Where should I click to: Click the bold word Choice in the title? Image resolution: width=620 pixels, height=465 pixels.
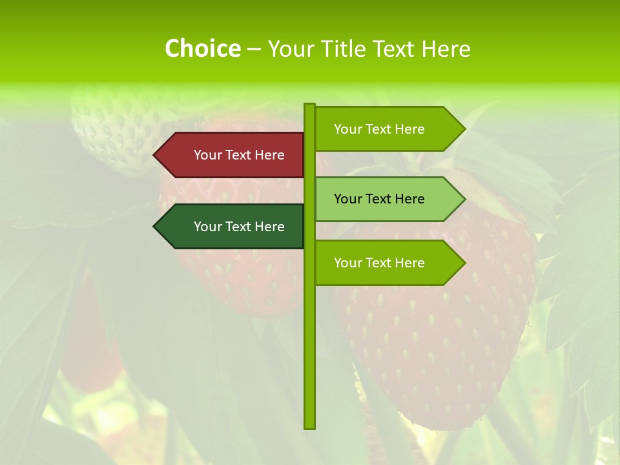click(x=202, y=48)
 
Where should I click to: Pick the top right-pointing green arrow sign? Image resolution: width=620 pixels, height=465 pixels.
click(x=387, y=129)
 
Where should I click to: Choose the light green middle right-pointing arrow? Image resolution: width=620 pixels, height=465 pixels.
click(x=387, y=199)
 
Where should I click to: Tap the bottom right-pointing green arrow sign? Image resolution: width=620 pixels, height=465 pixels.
click(x=387, y=263)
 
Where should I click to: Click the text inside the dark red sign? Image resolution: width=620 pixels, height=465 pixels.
click(x=239, y=155)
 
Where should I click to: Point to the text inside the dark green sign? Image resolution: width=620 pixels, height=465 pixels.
click(x=239, y=227)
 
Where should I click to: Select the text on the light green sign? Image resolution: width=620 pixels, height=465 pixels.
click(x=379, y=199)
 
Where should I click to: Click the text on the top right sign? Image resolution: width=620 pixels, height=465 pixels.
click(x=379, y=129)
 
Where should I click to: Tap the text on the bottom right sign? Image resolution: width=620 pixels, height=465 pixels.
click(x=379, y=263)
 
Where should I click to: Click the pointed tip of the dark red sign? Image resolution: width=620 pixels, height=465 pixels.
click(x=156, y=155)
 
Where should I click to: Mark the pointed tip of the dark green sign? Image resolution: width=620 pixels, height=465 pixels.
click(x=156, y=227)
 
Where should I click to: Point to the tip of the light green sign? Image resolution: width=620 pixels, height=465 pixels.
click(x=463, y=199)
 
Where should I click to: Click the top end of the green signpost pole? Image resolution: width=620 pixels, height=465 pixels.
click(x=309, y=106)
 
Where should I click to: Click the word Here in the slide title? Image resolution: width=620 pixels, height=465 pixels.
click(x=446, y=48)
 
